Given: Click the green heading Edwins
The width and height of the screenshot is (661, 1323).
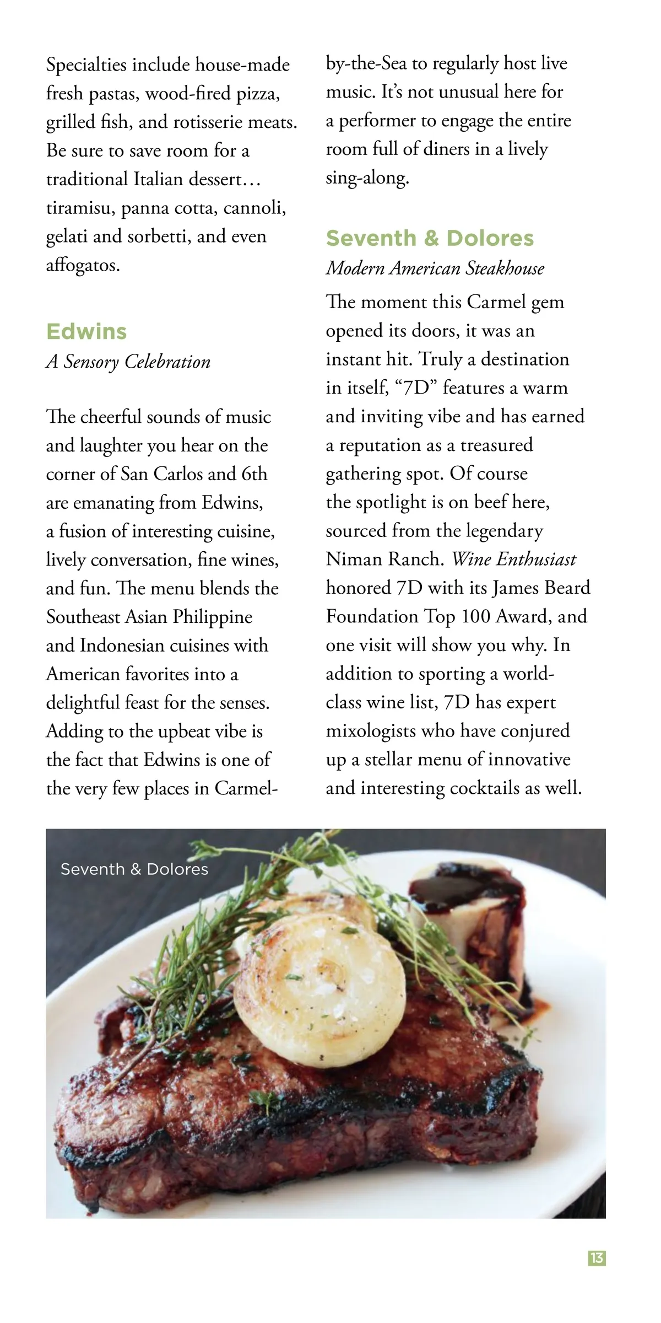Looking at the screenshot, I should (x=86, y=332).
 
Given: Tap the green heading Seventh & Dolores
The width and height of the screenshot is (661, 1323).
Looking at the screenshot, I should (x=430, y=238).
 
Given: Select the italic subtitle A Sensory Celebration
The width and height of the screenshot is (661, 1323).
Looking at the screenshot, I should (x=128, y=362).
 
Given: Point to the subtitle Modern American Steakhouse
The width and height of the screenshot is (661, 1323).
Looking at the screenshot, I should (x=435, y=268).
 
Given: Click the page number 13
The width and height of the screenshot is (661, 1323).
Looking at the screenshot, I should (x=597, y=1259).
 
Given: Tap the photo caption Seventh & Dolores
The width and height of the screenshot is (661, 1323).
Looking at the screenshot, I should (x=134, y=869).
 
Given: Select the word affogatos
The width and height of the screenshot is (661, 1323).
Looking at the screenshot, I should (x=83, y=266).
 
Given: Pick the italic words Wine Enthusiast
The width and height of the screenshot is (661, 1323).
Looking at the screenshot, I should (x=513, y=560).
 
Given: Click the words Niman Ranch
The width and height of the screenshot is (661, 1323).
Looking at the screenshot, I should (x=384, y=560).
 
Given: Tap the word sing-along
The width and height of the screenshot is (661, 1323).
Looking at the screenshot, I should (x=367, y=178).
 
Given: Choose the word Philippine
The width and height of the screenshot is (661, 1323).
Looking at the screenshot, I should (x=213, y=617).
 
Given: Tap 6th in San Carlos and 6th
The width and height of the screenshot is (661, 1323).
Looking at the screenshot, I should (x=254, y=474).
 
